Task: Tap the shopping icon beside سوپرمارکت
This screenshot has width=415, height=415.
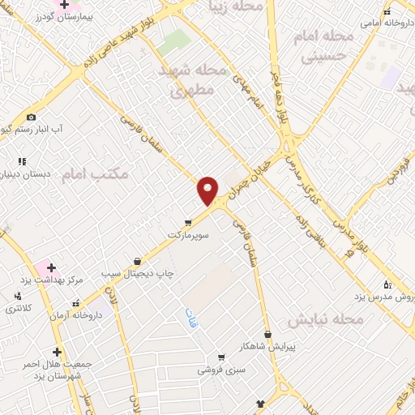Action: (x=188, y=221)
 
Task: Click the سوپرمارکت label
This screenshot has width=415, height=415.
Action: (x=188, y=234)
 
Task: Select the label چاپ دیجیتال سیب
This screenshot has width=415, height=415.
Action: (x=137, y=274)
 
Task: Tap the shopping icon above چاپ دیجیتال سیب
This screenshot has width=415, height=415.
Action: (x=137, y=261)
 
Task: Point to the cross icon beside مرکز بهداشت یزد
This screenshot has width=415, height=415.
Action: (x=51, y=267)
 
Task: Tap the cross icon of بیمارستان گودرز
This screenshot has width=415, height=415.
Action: (x=64, y=5)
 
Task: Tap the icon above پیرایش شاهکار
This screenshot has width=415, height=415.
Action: (x=268, y=334)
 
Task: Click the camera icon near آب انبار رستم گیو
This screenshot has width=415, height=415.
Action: (x=31, y=117)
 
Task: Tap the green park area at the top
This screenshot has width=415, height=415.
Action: (x=174, y=42)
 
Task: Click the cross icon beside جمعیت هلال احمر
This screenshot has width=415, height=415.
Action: (x=57, y=352)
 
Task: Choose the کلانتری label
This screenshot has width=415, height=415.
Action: (x=19, y=309)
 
